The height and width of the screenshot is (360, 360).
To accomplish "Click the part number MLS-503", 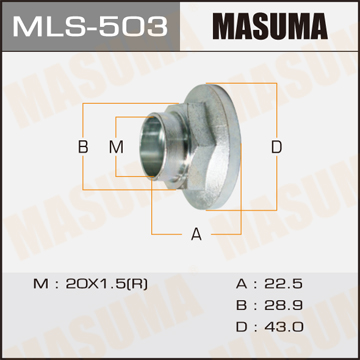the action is point(90,26).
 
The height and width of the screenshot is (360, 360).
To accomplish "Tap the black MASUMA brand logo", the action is point(270,26).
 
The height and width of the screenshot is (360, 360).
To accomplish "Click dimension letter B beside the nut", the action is point(83,147).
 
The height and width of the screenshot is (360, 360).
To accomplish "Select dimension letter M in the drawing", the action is point(117,147).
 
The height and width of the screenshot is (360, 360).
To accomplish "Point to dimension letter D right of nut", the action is point(276,147).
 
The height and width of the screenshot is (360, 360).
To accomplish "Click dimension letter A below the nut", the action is point(196,234).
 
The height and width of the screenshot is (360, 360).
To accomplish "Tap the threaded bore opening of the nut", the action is point(151,147).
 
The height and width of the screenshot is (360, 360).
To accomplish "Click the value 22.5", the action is point(283,284).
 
